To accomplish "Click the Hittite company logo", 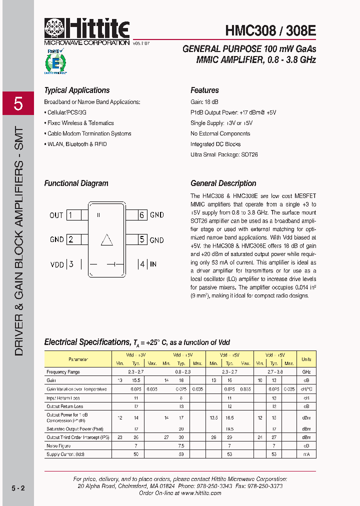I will [87, 31].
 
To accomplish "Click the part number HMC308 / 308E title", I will [270, 30].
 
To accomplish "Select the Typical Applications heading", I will [77, 90].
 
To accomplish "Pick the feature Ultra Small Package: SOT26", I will [224, 155].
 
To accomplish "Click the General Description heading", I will [223, 183].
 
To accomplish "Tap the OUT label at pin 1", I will [56, 215].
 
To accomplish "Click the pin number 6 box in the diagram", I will [142, 215].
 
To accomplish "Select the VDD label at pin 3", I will [57, 264].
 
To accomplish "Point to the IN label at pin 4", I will [153, 264].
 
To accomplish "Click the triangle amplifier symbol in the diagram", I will [106, 240].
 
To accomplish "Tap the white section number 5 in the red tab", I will [18, 104].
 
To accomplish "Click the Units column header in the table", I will [306, 359].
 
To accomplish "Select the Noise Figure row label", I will [58, 446].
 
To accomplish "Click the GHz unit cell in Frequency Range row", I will [306, 372].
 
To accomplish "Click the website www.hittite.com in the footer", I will [201, 492].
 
